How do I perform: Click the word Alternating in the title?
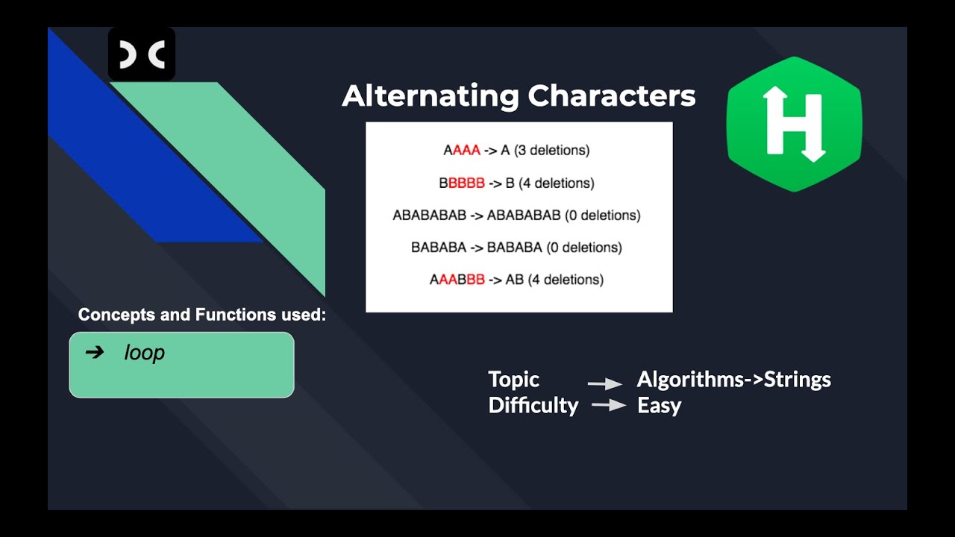tap(430, 96)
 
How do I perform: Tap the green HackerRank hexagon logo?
tap(794, 124)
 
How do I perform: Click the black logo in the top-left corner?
tap(142, 54)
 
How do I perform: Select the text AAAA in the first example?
tap(461, 151)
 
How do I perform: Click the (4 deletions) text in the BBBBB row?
tap(556, 183)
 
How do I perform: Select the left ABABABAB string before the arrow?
tap(429, 216)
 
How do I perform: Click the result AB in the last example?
tap(514, 280)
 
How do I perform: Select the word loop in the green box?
tap(144, 353)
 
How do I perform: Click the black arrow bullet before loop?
tap(95, 352)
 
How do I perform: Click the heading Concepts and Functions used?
tap(201, 315)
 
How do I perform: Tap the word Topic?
tap(513, 380)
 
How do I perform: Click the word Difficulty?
tap(533, 406)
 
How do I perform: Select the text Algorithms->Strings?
tap(733, 380)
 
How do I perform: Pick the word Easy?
tap(659, 406)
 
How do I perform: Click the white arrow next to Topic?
tap(605, 383)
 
